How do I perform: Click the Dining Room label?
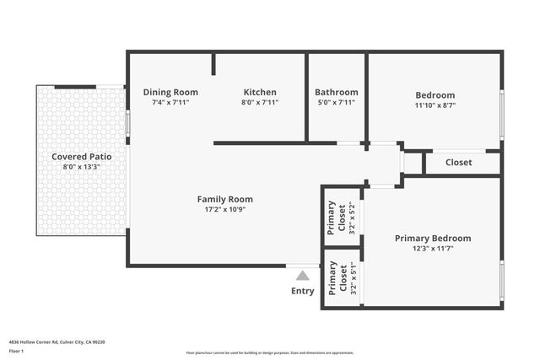click(x=170, y=92)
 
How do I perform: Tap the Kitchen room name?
click(x=260, y=92)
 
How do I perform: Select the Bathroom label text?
click(x=336, y=92)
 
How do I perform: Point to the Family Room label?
click(x=224, y=199)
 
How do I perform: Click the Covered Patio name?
click(x=82, y=156)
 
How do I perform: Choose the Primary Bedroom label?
click(x=433, y=238)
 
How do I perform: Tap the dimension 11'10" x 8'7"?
click(x=435, y=106)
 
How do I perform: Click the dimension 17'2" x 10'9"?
click(x=224, y=210)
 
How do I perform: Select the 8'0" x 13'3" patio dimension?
click(x=82, y=167)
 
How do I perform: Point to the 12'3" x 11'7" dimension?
click(x=433, y=249)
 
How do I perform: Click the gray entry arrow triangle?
click(x=303, y=275)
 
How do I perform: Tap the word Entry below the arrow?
click(x=303, y=291)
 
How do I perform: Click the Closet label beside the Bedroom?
click(x=458, y=162)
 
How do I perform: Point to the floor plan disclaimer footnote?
click(x=270, y=353)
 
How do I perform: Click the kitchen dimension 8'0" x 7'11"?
click(x=260, y=102)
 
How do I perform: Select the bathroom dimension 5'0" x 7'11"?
click(x=336, y=102)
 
